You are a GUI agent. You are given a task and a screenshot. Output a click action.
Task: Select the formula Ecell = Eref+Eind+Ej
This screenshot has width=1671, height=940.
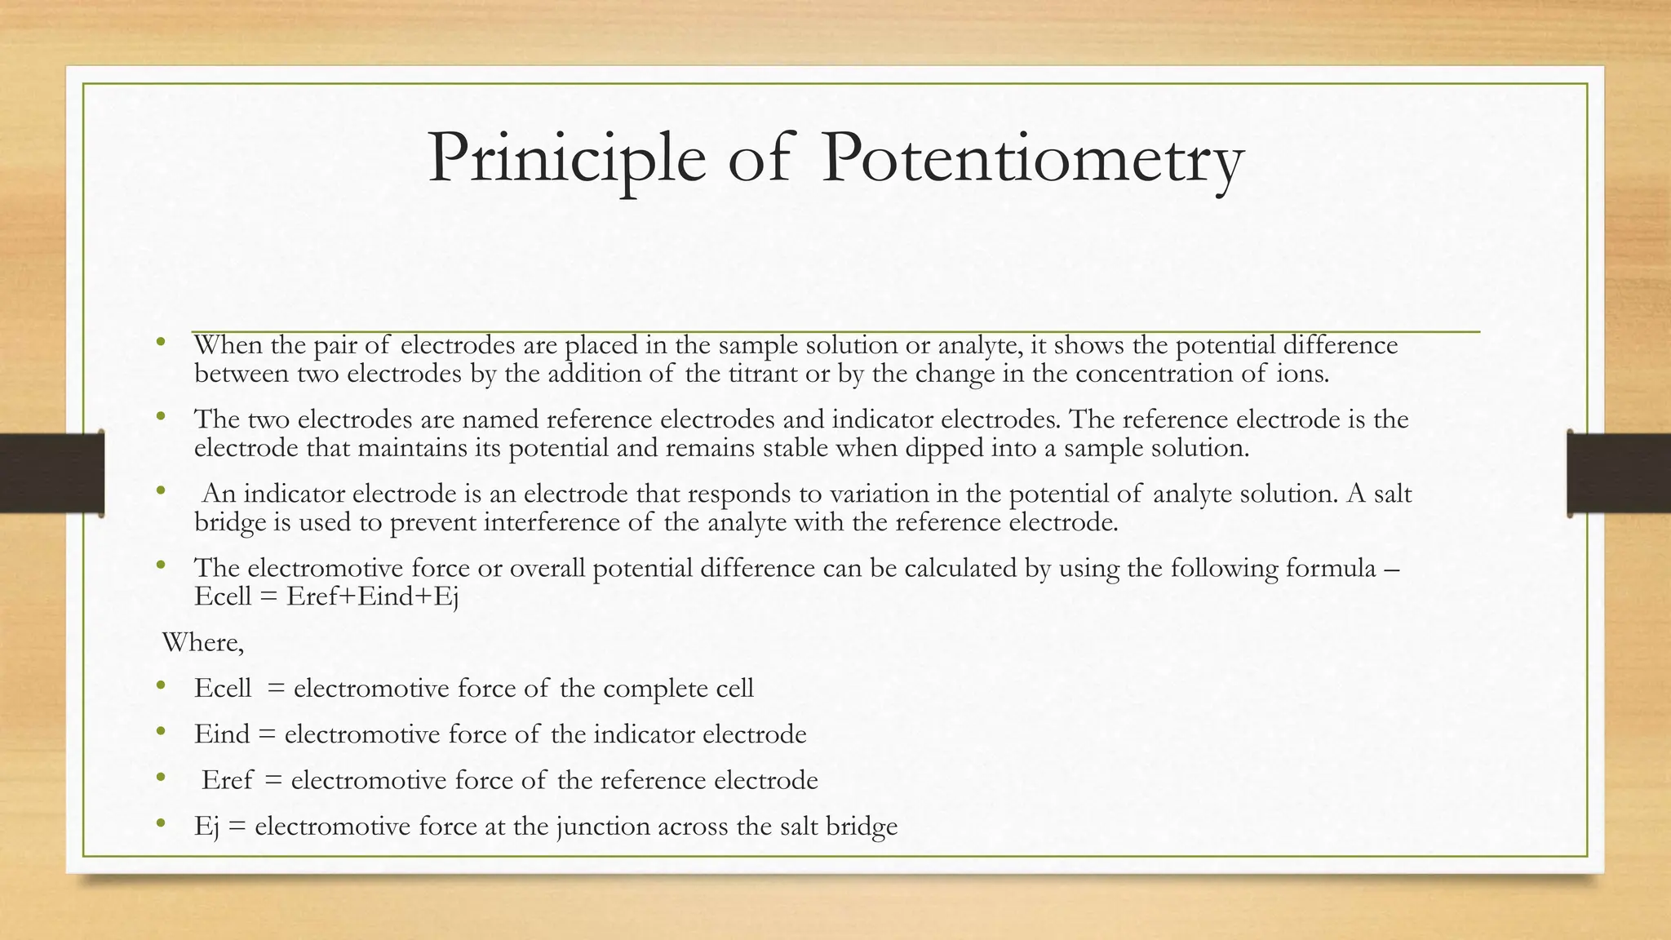[x=326, y=596]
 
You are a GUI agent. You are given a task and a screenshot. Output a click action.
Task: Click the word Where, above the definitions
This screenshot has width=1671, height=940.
[x=203, y=643]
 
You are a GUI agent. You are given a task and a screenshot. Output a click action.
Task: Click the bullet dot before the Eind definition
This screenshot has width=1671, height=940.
[x=161, y=731]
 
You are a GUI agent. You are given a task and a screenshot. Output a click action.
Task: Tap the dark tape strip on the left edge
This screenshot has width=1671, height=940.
[x=51, y=473]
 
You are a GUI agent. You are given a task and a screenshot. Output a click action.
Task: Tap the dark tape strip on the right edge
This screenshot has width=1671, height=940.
[x=1619, y=473]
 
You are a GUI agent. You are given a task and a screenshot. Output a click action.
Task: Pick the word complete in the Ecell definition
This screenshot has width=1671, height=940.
[x=656, y=688]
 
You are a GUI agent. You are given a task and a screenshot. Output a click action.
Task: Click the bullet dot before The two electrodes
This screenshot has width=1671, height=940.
[x=161, y=417]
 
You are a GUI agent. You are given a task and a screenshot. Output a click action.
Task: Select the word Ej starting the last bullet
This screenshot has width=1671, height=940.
[x=206, y=827]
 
